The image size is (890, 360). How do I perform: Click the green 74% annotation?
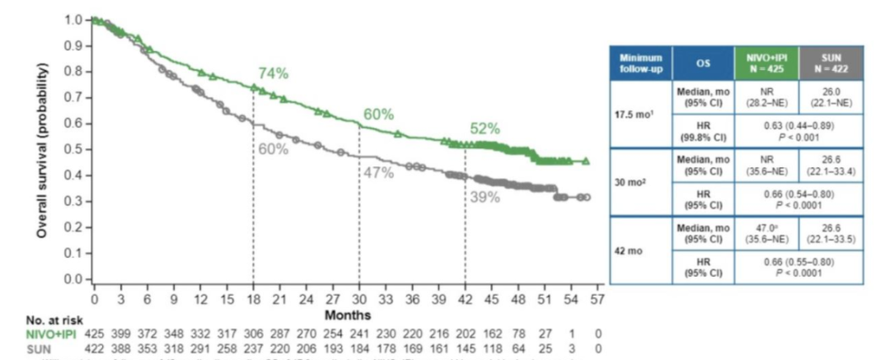click(273, 73)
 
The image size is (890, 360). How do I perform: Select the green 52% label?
click(485, 129)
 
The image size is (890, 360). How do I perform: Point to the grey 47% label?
click(378, 174)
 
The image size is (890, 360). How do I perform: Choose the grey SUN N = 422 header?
click(831, 62)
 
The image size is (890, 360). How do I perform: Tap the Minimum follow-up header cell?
click(639, 62)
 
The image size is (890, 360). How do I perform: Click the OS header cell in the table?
click(703, 62)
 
